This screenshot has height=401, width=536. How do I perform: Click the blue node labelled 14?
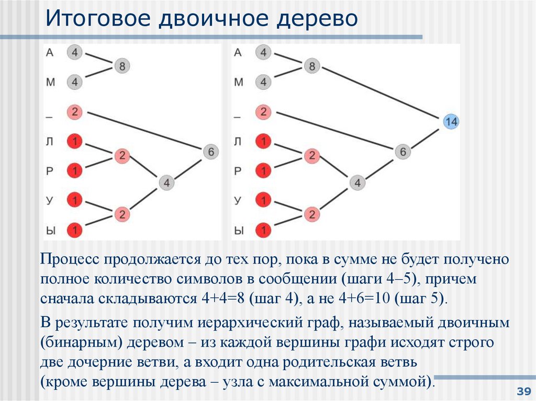point(450,122)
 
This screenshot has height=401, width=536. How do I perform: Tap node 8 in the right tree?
point(312,66)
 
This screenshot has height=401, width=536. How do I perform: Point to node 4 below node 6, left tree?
point(166,182)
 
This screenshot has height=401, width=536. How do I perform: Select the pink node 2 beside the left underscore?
point(75,111)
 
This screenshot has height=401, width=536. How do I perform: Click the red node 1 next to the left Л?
point(75,141)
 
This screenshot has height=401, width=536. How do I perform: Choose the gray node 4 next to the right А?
point(263,52)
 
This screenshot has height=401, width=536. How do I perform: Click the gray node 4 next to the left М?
point(75,82)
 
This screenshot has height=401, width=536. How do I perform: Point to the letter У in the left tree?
point(49,199)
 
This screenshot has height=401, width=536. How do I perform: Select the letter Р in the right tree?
point(238,170)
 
